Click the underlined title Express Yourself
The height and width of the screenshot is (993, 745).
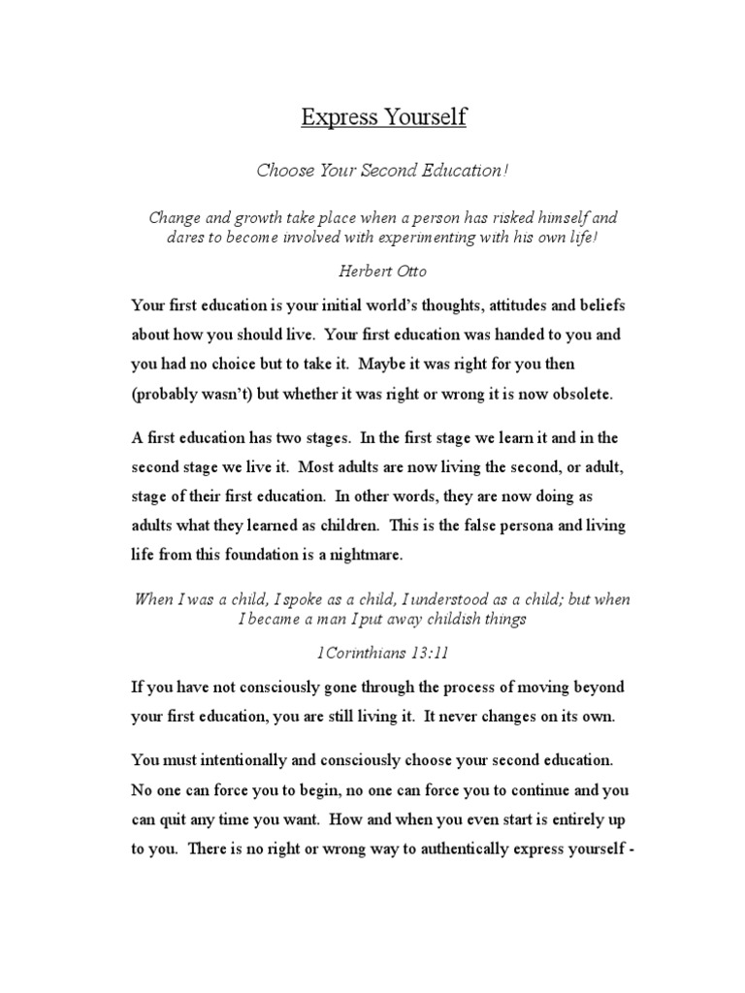(x=383, y=118)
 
